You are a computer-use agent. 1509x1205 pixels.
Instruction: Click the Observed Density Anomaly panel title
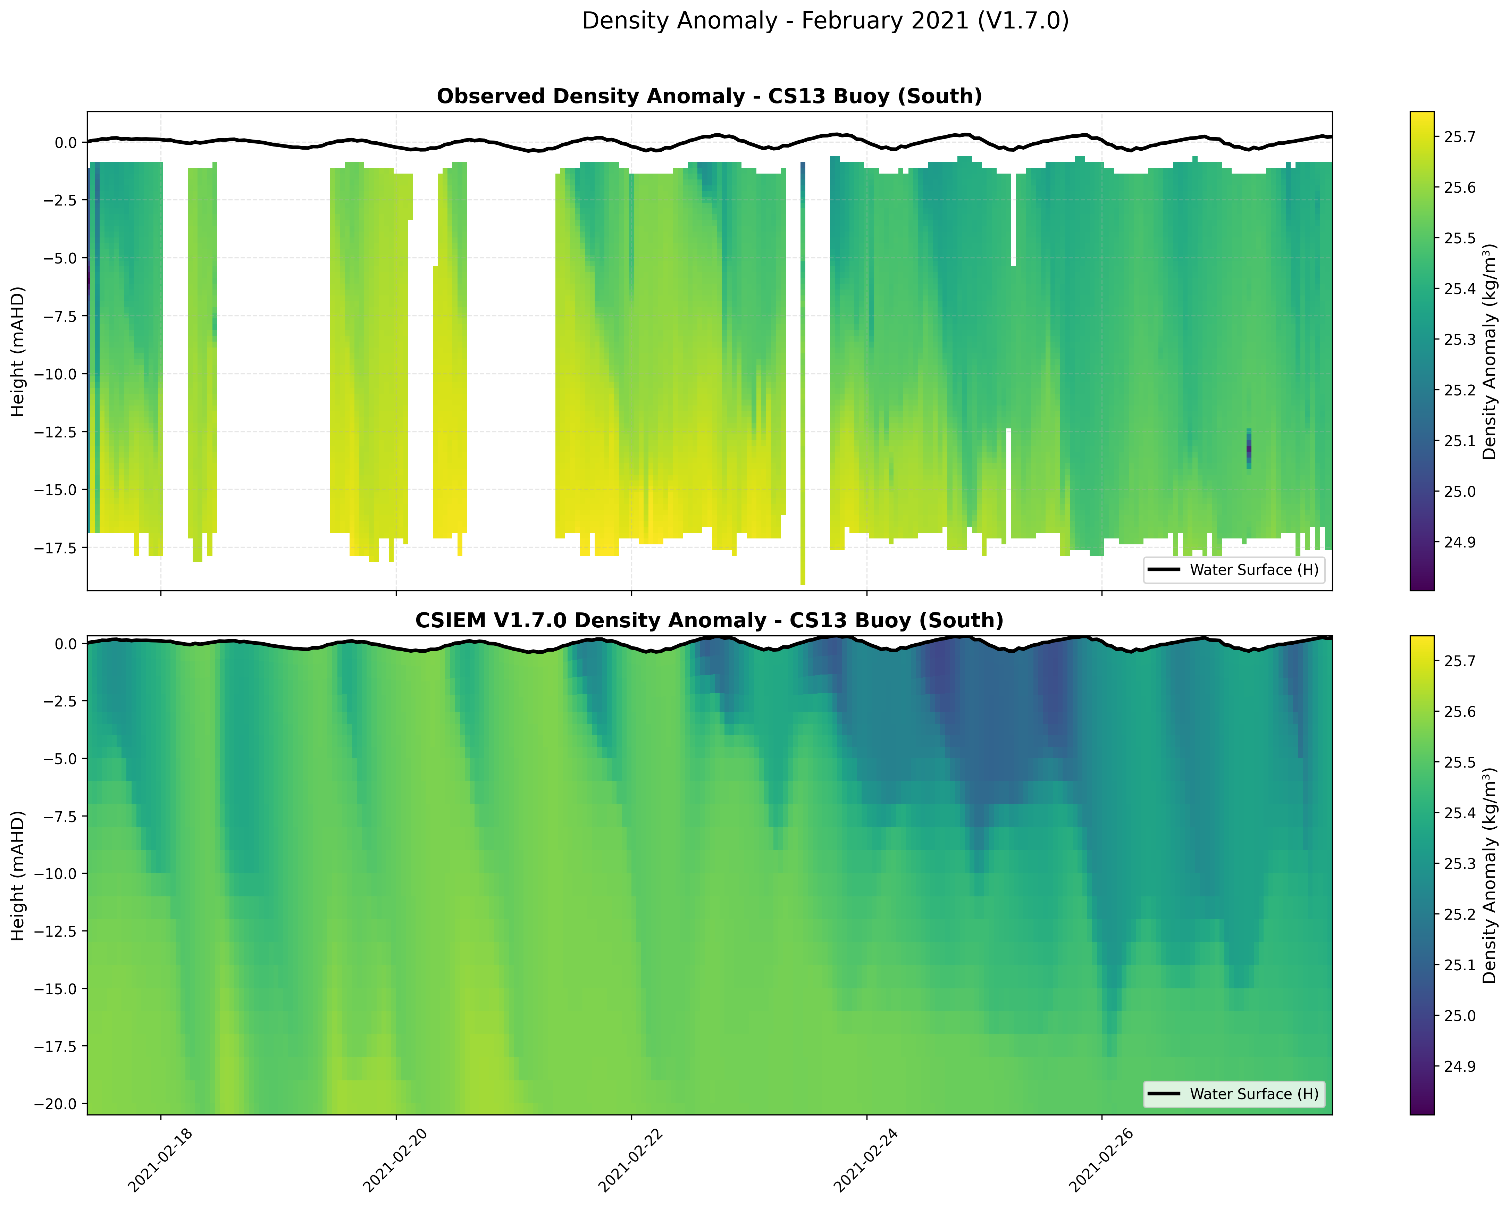[x=709, y=97]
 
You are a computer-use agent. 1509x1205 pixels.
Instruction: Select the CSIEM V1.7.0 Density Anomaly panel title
[x=709, y=621]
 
